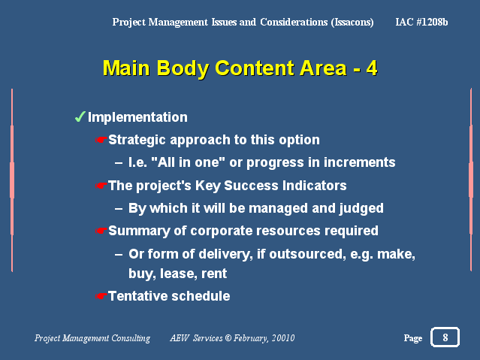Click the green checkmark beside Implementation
coord(80,116)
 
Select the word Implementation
coord(137,117)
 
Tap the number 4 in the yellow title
coord(372,68)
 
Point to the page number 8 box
coord(445,337)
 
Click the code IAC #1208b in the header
coord(421,22)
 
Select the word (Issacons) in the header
coord(352,23)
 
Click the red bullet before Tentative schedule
coord(101,296)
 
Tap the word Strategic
coord(137,140)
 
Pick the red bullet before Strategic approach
coord(101,140)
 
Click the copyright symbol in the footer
coord(228,337)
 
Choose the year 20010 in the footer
coord(283,338)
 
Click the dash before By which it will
coord(119,209)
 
